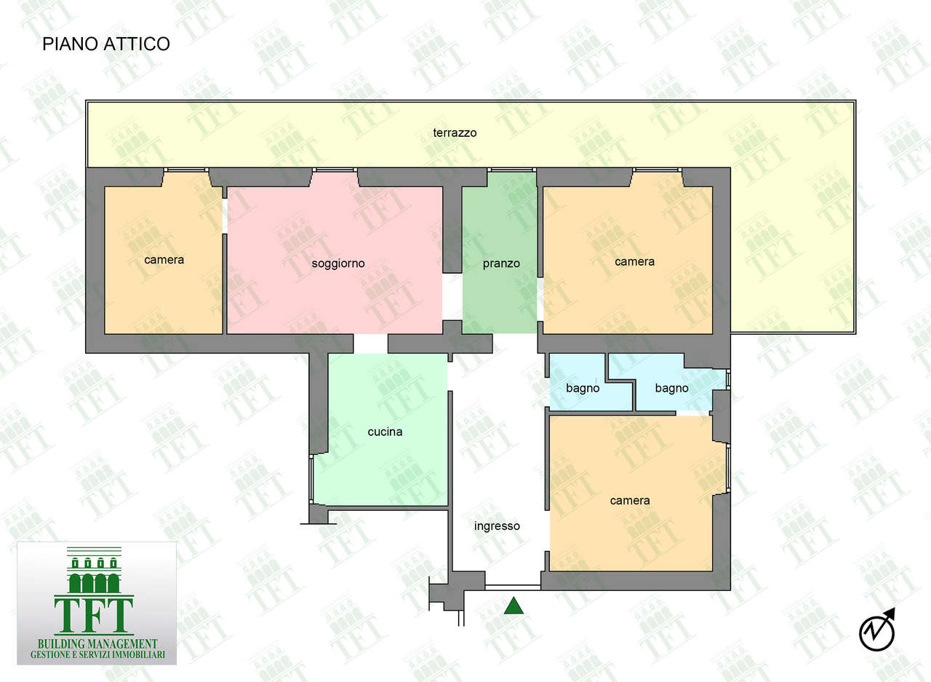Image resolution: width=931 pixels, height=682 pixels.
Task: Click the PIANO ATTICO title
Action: point(106,44)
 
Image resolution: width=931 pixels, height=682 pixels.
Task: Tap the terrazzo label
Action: point(455,133)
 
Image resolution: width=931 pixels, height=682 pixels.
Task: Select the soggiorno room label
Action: point(338,263)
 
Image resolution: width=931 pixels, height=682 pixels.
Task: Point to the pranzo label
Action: point(501,263)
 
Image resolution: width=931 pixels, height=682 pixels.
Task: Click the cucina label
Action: point(385,432)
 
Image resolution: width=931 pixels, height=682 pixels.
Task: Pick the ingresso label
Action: point(497,526)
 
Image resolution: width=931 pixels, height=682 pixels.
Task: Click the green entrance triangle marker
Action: point(514,606)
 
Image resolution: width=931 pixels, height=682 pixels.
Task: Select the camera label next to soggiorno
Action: point(164,260)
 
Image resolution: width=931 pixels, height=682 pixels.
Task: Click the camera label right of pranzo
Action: point(635,262)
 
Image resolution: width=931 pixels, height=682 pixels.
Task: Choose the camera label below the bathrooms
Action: point(630,501)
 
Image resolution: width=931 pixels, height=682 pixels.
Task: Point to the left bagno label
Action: point(583,389)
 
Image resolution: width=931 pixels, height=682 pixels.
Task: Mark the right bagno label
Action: point(671,389)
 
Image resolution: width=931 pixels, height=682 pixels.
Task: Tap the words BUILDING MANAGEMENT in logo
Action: point(97,644)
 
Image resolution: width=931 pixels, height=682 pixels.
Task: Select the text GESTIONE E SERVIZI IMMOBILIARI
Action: point(97,655)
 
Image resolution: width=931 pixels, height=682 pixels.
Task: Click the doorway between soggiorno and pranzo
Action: point(452,296)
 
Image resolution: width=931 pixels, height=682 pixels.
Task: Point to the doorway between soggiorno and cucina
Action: point(371,344)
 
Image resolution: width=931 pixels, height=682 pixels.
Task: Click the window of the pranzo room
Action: point(511,170)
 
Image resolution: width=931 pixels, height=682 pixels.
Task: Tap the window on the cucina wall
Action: point(311,480)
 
